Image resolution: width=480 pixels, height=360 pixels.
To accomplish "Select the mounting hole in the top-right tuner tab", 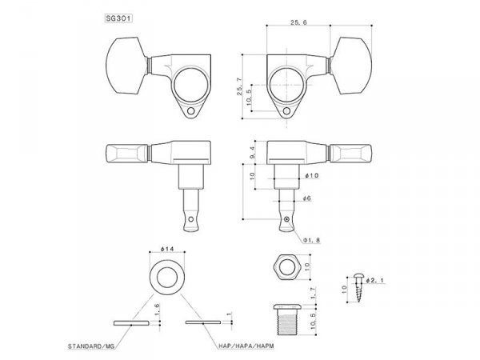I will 290,111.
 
